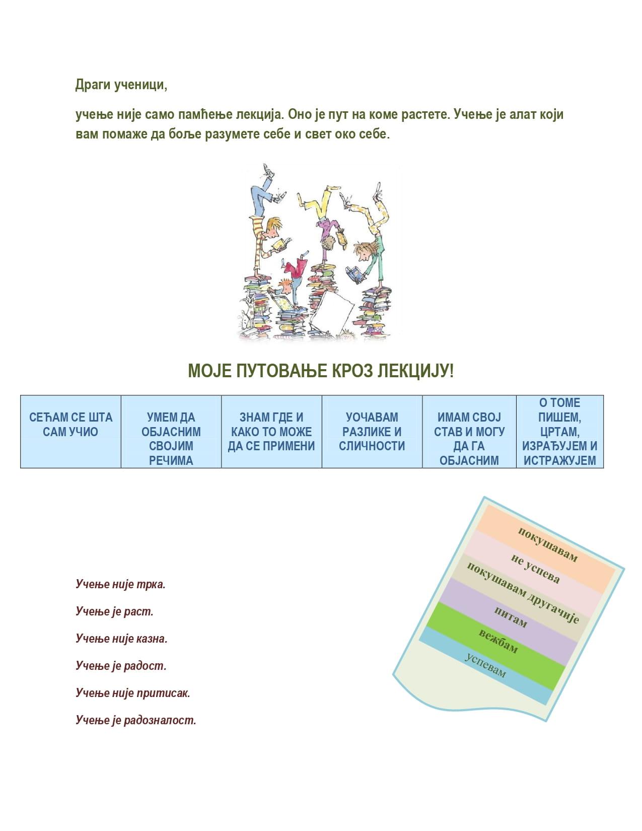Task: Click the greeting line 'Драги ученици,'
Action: point(121,85)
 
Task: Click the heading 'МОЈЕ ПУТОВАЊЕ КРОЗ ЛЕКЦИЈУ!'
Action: point(321,371)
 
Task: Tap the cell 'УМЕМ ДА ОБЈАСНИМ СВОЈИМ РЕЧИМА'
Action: point(171,439)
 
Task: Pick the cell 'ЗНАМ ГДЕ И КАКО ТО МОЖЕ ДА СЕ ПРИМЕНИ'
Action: point(271,432)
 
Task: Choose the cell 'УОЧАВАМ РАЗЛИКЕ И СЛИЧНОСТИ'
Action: point(372,432)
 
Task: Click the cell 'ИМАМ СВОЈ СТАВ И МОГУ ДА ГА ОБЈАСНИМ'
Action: point(469,439)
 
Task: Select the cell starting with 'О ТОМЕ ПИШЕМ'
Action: point(559,432)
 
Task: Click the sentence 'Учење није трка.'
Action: point(120,584)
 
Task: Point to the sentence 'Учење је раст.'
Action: point(114,611)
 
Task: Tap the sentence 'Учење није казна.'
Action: point(121,639)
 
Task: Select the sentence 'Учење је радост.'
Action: point(121,666)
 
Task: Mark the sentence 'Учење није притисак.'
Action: point(133,693)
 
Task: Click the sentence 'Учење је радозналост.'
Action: point(136,720)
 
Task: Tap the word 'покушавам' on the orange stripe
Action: point(547,544)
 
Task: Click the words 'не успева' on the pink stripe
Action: point(535,569)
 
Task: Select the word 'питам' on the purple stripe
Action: point(510,617)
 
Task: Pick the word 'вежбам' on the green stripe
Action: point(498,641)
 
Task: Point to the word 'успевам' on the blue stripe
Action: point(485,665)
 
